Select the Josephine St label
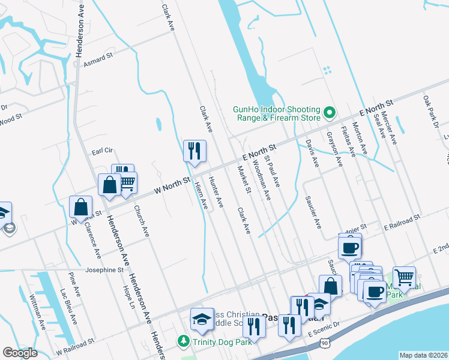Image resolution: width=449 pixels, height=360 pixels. point(104,270)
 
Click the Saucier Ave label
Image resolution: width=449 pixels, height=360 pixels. point(313,212)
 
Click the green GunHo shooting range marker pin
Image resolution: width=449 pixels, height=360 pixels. point(330,112)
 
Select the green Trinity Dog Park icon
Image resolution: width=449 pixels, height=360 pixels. point(184,341)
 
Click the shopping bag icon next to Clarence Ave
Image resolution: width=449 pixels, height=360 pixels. point(80,207)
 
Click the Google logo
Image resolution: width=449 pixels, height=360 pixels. point(20,353)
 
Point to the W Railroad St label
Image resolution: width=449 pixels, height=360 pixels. point(75,340)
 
